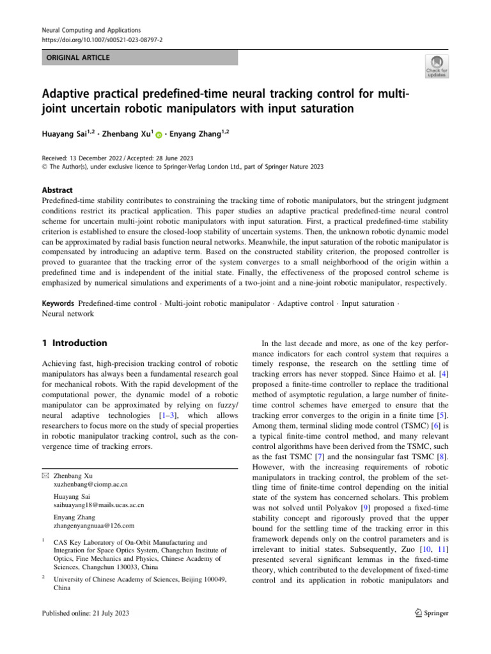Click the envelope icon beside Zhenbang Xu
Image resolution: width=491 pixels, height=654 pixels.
click(x=44, y=476)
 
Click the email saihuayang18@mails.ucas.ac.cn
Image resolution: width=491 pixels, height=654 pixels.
click(x=99, y=505)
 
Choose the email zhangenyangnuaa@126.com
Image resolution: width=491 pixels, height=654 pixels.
click(x=94, y=526)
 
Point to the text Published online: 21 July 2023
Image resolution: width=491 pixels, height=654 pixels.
click(x=85, y=613)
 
